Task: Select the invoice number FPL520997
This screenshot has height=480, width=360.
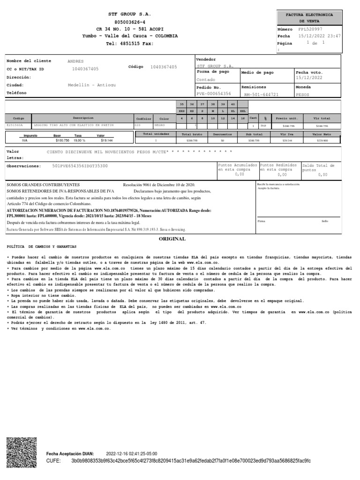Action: tap(314, 29)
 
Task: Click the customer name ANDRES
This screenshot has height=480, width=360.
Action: tap(75, 61)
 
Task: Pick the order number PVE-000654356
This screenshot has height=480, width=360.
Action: tap(214, 94)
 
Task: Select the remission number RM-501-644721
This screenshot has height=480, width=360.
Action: tap(261, 94)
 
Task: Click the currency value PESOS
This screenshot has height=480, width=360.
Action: tap(303, 94)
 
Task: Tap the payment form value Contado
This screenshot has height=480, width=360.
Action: tap(205, 80)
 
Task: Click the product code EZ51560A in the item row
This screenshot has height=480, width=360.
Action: tap(17, 126)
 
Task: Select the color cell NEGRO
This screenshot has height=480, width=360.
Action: tap(160, 126)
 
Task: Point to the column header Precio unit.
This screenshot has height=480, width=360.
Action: tap(287, 118)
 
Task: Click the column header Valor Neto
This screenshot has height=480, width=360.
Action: tap(322, 134)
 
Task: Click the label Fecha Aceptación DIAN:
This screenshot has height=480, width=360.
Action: tap(70, 454)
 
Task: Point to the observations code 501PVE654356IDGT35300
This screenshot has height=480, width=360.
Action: tap(80, 166)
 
